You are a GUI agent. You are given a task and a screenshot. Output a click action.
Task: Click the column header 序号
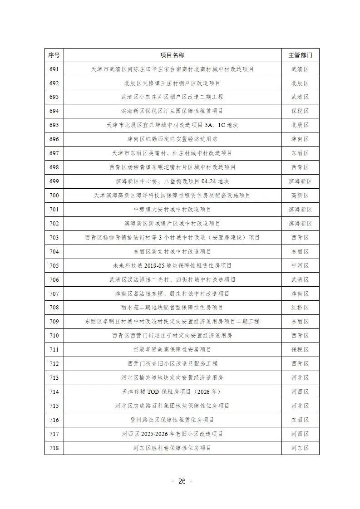[x=54, y=55]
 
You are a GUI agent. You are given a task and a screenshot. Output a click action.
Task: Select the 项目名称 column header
[x=172, y=55]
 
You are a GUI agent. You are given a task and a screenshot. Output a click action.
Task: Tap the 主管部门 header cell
[x=300, y=55]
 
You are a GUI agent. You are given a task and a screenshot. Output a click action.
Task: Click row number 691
[x=54, y=69]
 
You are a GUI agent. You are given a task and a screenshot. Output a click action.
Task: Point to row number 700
[x=54, y=196]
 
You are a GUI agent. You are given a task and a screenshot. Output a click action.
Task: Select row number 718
[x=54, y=448]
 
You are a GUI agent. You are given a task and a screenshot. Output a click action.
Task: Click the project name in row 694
[x=172, y=111]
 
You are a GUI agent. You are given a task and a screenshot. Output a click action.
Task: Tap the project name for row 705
[x=172, y=265]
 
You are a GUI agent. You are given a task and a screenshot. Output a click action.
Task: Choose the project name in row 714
[x=172, y=392]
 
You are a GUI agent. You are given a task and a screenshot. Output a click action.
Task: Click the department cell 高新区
[x=300, y=196]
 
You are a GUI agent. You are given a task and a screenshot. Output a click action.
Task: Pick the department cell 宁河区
[x=300, y=265]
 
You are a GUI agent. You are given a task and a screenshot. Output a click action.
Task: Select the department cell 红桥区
[x=300, y=308]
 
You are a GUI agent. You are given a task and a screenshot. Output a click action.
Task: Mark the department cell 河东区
[x=300, y=448]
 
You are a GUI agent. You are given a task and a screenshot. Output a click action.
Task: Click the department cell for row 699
[x=300, y=181]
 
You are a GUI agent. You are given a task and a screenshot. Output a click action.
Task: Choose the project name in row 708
[x=172, y=308]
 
